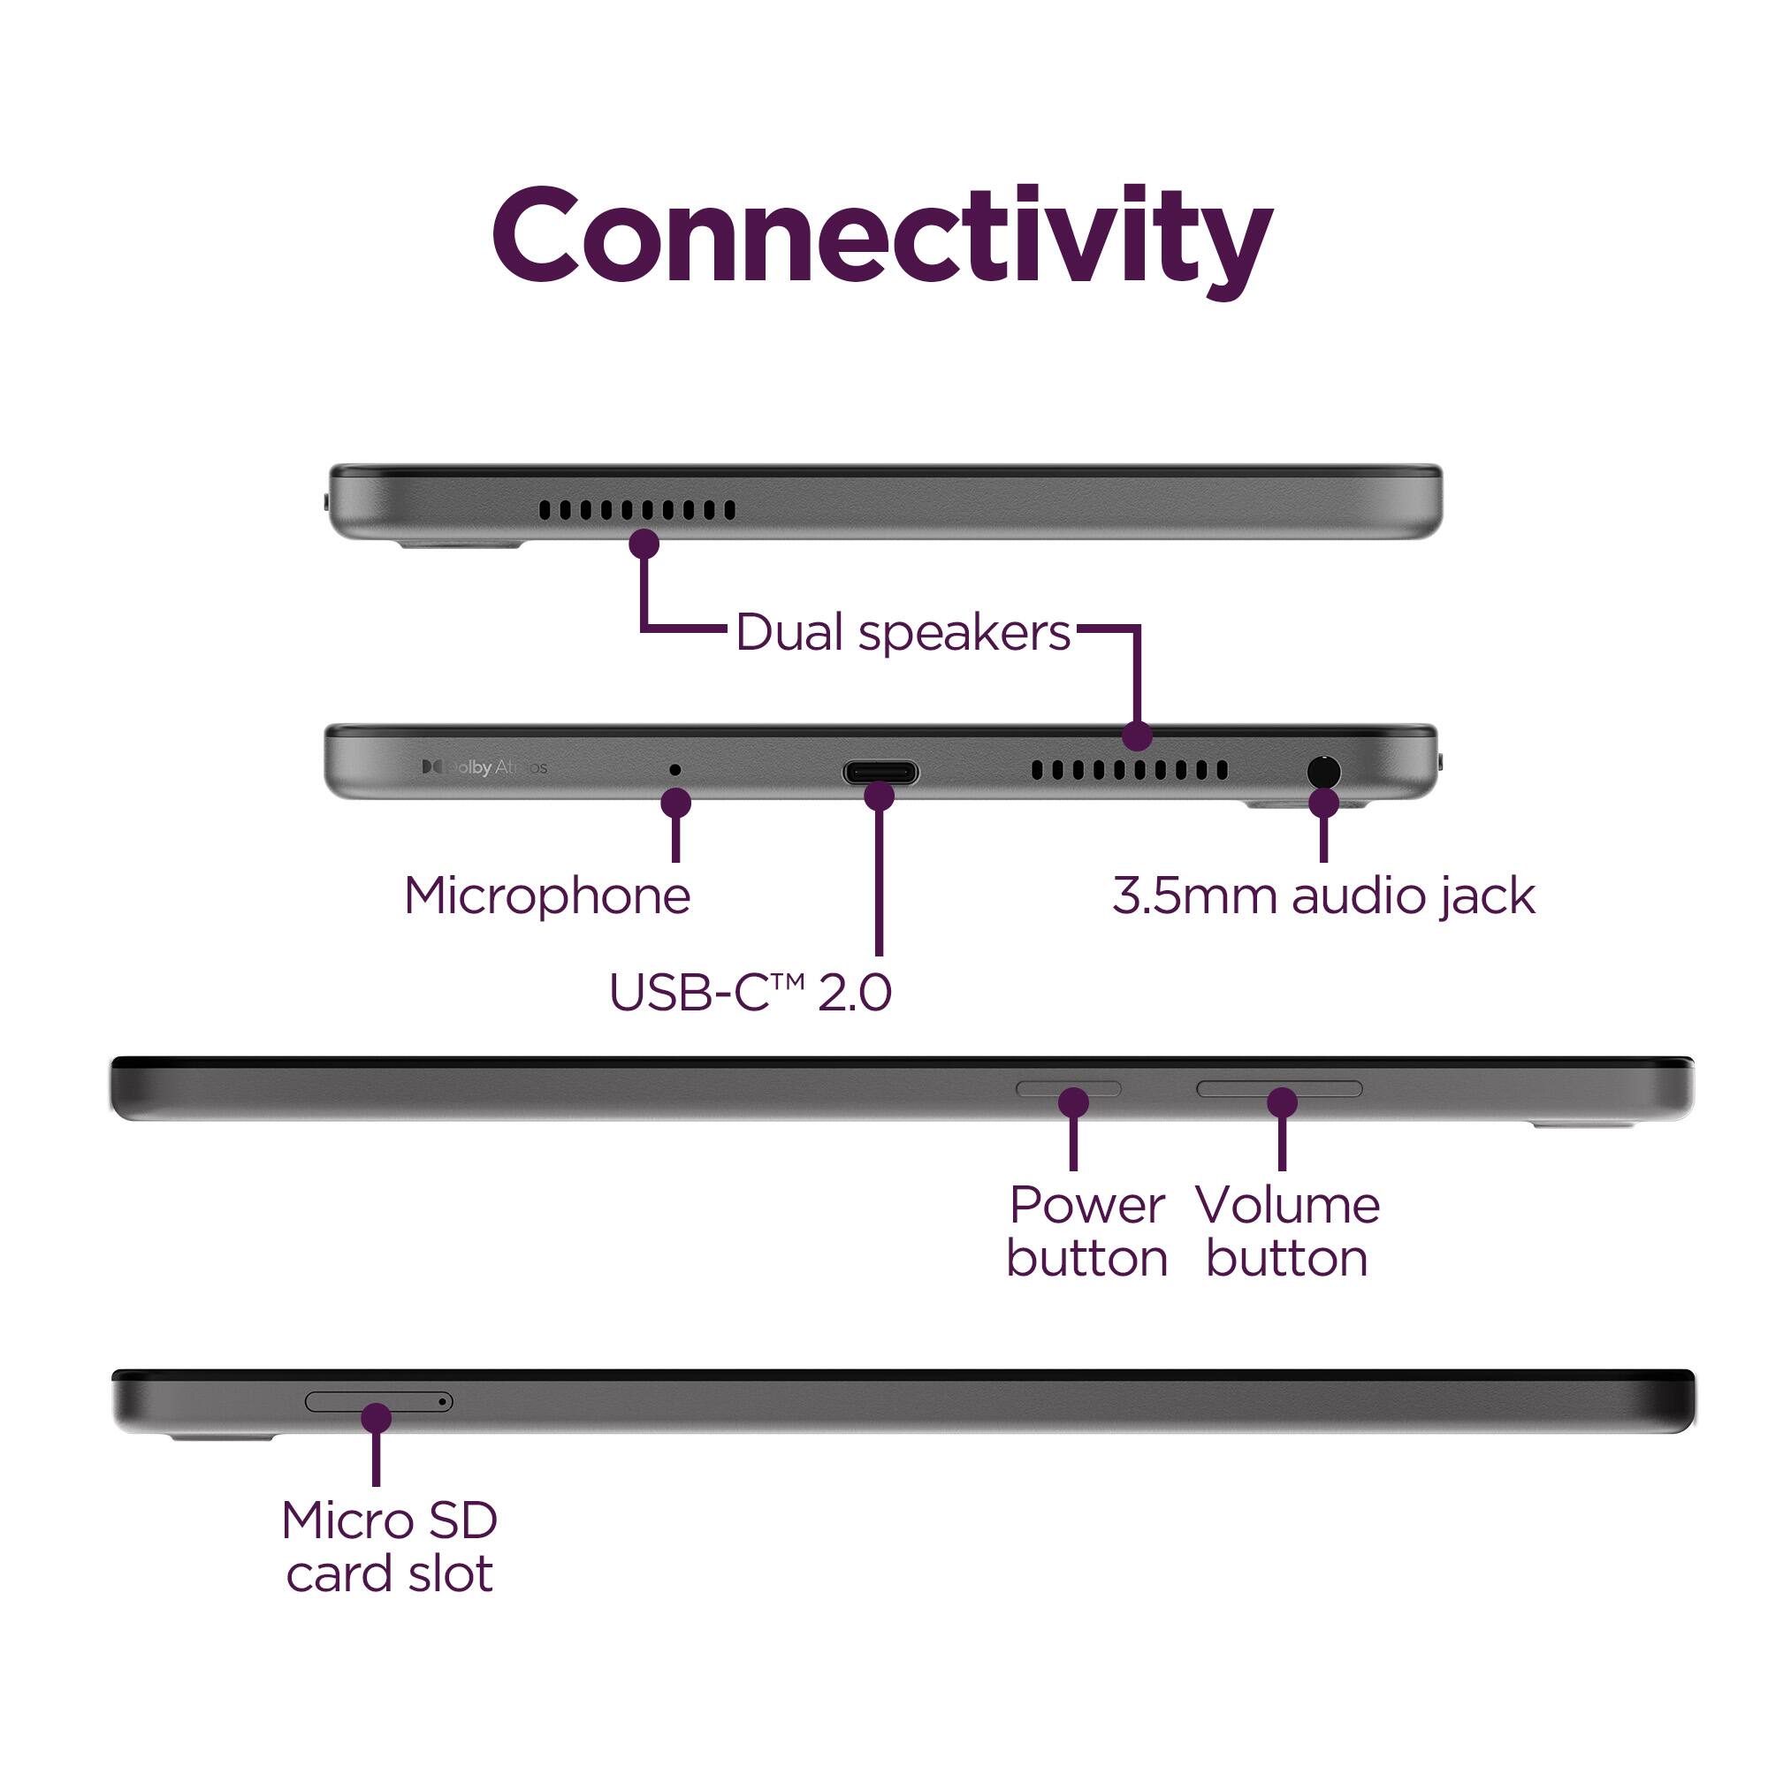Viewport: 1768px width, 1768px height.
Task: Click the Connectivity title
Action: [882, 236]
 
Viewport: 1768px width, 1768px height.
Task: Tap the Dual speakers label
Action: [903, 632]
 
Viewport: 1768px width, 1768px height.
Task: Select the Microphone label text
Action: [547, 895]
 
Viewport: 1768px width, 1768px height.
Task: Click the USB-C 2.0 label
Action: [750, 992]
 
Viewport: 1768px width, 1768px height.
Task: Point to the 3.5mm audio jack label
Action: [1323, 895]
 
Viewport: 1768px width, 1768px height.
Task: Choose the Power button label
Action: [1087, 1231]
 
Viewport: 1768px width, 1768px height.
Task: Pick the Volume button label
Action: [1286, 1231]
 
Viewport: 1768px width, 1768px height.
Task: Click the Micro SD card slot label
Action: [389, 1546]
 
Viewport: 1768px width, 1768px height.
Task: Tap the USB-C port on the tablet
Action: [880, 773]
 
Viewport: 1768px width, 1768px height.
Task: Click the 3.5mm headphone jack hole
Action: [1323, 773]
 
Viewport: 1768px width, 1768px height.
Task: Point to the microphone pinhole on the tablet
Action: [675, 770]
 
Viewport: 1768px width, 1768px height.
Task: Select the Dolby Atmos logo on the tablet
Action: [484, 766]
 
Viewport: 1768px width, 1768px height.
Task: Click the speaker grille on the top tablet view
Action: [636, 510]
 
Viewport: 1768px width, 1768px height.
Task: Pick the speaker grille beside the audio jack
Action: [1129, 770]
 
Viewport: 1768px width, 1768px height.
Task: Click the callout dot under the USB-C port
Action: [880, 796]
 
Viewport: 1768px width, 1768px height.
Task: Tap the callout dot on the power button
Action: [1073, 1101]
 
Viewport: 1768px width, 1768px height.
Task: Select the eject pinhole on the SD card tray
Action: [443, 1401]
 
